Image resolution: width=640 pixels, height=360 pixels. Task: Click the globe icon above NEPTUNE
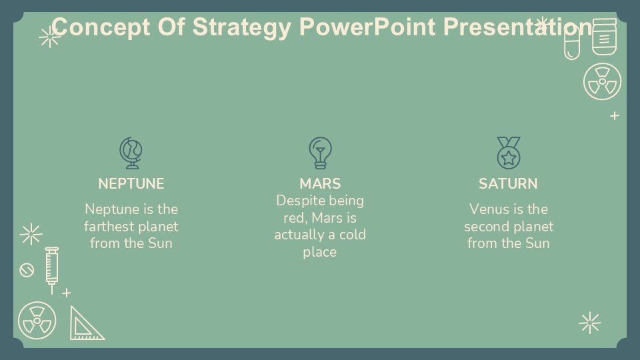point(131,153)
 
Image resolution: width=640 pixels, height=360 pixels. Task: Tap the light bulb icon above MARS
point(321,153)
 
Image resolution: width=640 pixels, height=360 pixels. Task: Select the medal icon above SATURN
point(509,153)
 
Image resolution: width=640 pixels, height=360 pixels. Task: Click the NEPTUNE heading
point(131,184)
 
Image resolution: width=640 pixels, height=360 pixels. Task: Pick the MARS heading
point(320,184)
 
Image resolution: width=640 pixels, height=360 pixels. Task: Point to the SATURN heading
point(508,184)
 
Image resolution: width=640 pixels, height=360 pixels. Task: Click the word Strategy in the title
point(241,27)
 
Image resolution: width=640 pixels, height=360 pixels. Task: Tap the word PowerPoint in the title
point(367,27)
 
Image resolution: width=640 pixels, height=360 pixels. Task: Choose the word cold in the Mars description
point(353,235)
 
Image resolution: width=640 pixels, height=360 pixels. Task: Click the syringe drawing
point(51,270)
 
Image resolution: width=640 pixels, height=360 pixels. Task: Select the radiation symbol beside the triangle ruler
point(37,321)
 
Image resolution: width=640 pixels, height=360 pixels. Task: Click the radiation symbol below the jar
point(602,81)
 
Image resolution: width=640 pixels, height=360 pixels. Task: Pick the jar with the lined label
point(605,37)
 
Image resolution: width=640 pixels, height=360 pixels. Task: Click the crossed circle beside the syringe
point(27,270)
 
